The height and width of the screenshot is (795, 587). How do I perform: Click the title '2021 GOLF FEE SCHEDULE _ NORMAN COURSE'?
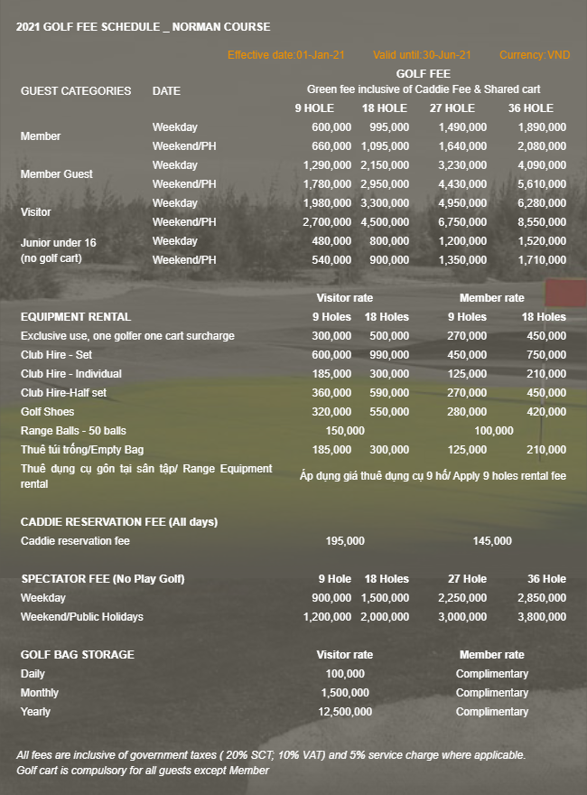(143, 27)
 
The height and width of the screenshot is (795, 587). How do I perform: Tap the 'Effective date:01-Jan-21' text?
(286, 55)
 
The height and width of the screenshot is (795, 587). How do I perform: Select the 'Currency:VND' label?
(535, 55)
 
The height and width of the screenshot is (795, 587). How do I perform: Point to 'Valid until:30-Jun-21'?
(422, 55)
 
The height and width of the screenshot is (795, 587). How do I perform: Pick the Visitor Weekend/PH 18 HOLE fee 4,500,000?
(385, 222)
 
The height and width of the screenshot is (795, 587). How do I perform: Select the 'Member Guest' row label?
(57, 174)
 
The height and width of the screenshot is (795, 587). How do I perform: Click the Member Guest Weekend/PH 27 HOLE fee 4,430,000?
(462, 184)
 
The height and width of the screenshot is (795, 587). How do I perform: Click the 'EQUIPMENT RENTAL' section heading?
(76, 317)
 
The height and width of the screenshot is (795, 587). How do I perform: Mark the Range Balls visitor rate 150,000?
(345, 431)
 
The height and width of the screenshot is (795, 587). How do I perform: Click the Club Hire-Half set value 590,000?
(389, 393)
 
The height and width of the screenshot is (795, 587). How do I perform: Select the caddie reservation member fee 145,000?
(492, 541)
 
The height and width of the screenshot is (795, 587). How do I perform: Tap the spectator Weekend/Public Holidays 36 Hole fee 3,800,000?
(542, 617)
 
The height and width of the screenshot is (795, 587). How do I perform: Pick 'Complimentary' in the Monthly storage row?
(492, 693)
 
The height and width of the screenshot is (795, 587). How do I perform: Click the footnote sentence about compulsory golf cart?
(143, 771)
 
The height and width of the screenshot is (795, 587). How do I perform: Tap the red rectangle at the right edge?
(566, 293)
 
